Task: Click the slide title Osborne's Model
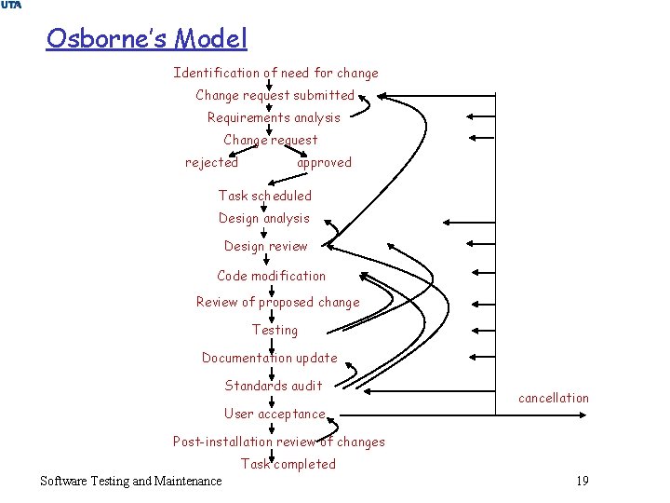(147, 39)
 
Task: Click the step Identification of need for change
(275, 73)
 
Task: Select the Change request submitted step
(275, 95)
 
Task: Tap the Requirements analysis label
(274, 117)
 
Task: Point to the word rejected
(211, 162)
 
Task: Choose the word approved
(324, 162)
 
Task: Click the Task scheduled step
(265, 196)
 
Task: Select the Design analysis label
(264, 218)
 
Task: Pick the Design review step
(265, 246)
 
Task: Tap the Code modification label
(272, 276)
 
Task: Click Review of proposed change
(277, 302)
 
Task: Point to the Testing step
(275, 330)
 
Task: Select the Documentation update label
(270, 358)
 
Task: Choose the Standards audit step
(274, 386)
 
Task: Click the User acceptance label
(275, 414)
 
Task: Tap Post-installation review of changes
(278, 442)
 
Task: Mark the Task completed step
(288, 464)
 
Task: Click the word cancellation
(554, 398)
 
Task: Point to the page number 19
(583, 481)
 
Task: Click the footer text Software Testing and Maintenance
(131, 481)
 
